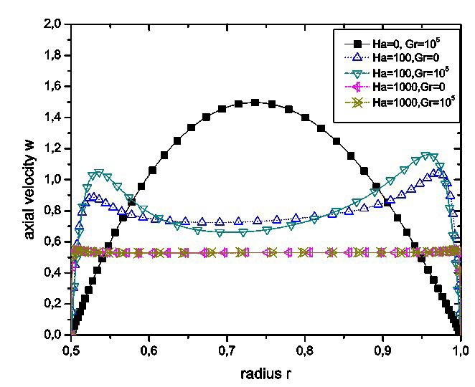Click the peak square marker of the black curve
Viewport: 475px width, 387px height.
coord(255,102)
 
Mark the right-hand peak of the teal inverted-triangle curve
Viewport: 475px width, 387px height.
coord(428,156)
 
